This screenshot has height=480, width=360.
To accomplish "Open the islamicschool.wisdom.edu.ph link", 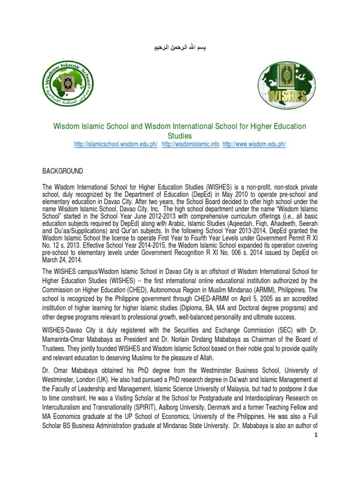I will coord(116,145).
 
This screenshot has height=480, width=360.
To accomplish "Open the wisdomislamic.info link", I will coord(190,145).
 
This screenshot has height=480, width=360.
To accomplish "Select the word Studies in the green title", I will coord(180,136).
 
